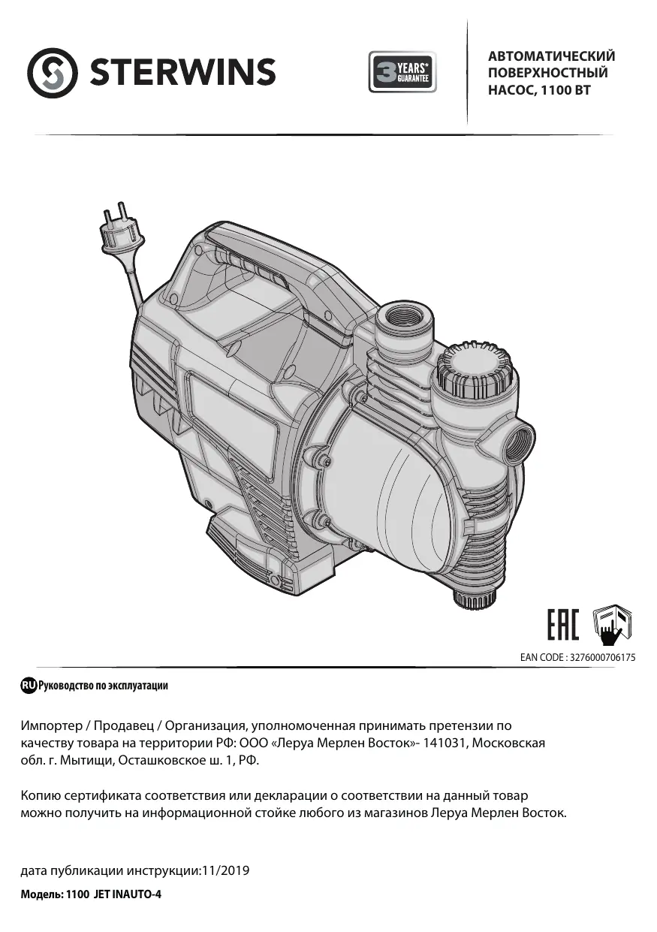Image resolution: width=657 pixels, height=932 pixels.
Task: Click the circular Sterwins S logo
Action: point(53,73)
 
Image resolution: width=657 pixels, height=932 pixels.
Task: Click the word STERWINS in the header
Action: point(182,72)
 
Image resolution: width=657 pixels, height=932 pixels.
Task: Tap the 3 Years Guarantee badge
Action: point(402,71)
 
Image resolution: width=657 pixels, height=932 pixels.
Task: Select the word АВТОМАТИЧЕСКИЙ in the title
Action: point(551,56)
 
